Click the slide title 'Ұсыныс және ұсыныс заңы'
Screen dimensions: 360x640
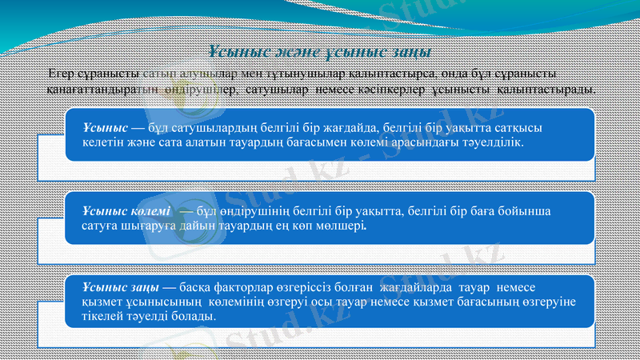(x=319, y=53)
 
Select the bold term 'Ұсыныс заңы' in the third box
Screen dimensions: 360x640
(x=120, y=287)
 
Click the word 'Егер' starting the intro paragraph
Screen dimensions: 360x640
(x=62, y=74)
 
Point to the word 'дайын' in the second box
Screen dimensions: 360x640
(x=189, y=226)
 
